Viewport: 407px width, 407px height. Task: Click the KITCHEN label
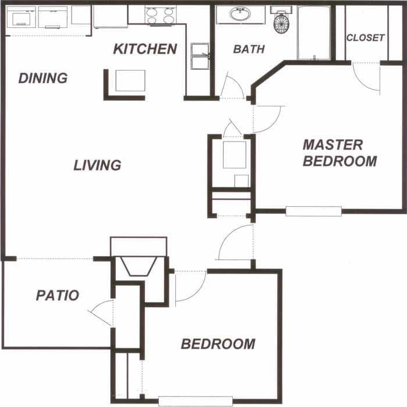click(145, 49)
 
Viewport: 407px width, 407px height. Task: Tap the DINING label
click(43, 78)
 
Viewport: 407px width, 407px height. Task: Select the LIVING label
click(97, 165)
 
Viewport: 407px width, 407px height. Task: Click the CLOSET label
click(366, 38)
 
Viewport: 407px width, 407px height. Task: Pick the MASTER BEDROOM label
click(339, 153)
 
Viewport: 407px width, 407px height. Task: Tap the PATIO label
click(57, 295)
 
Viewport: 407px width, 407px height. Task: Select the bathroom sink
click(240, 14)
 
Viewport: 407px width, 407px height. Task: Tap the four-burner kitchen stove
click(160, 15)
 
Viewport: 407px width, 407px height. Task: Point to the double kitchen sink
click(200, 56)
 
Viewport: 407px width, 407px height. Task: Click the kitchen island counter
click(130, 80)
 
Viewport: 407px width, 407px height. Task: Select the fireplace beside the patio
click(139, 266)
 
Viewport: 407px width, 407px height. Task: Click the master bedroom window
click(313, 211)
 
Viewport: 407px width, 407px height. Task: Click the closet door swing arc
click(366, 77)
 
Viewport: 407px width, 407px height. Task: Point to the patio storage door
click(103, 313)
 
